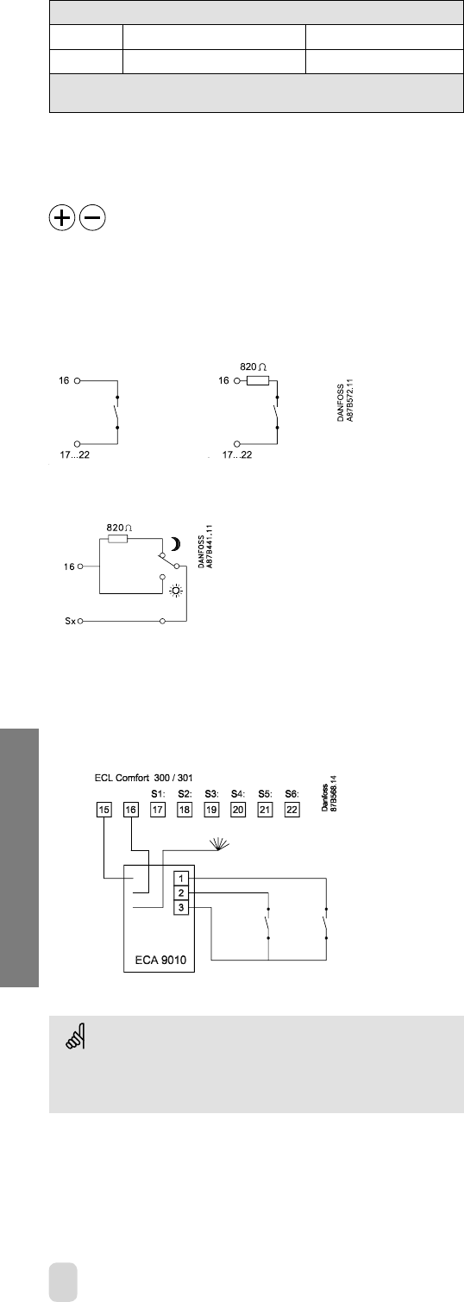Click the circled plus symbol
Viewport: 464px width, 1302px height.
coord(62,218)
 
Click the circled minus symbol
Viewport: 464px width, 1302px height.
coord(92,218)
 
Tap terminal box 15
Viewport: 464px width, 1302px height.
coord(104,810)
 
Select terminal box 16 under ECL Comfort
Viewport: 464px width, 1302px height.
coord(131,810)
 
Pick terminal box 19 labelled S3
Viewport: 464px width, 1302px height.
coord(211,810)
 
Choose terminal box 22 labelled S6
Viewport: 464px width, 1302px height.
coord(292,810)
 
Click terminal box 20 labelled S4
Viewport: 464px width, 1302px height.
coord(238,810)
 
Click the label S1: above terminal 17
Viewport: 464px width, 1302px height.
coord(159,793)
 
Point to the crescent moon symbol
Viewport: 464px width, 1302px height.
coord(176,544)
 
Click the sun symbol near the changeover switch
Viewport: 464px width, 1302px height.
coord(176,592)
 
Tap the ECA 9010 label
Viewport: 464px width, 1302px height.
coord(160,960)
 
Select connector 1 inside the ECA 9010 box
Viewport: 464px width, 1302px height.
coord(181,879)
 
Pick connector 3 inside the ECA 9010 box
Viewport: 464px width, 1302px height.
coord(181,907)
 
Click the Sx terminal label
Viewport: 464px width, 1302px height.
coord(71,622)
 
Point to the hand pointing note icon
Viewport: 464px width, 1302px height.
coord(75,1036)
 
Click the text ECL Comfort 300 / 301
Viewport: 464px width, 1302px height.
coord(144,778)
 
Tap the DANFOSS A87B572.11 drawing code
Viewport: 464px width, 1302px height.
coord(345,400)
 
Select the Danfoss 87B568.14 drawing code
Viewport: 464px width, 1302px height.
coord(329,792)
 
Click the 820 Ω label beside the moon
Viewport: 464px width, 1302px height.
coord(119,528)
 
